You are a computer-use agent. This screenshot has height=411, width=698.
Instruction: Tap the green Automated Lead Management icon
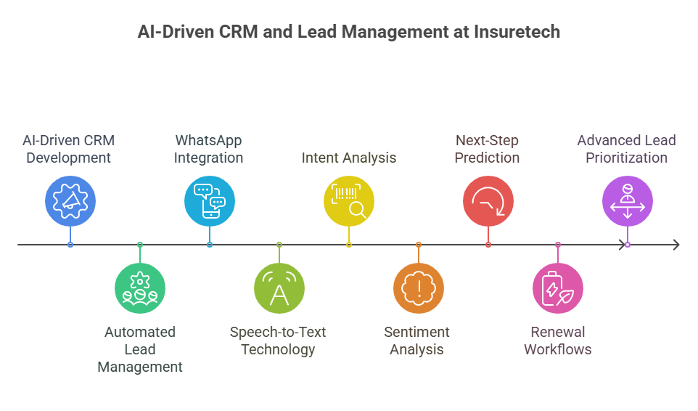pyautogui.click(x=140, y=288)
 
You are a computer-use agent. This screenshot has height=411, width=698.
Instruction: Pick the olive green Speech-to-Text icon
pyautogui.click(x=279, y=288)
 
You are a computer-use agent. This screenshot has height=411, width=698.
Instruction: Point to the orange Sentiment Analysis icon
pyautogui.click(x=419, y=288)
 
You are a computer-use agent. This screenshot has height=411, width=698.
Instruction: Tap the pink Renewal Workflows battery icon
pyautogui.click(x=558, y=288)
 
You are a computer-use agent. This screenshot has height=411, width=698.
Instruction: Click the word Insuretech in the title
pyautogui.click(x=517, y=33)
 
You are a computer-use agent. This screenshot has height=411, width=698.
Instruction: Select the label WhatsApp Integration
pyautogui.click(x=209, y=149)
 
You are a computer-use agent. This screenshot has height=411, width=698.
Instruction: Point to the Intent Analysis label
pyautogui.click(x=349, y=158)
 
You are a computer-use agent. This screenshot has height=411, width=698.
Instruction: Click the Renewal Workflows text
pyautogui.click(x=558, y=341)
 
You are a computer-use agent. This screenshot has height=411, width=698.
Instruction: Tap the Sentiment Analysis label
pyautogui.click(x=417, y=341)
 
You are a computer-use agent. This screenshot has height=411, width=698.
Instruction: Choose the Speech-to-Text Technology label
pyautogui.click(x=279, y=341)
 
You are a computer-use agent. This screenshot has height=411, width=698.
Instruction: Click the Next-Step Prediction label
pyautogui.click(x=488, y=149)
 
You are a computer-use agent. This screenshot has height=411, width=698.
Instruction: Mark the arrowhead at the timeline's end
pyautogui.click(x=676, y=245)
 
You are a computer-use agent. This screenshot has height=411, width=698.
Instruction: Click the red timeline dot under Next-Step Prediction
pyautogui.click(x=488, y=245)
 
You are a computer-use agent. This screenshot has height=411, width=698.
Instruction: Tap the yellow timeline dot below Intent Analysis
pyautogui.click(x=349, y=245)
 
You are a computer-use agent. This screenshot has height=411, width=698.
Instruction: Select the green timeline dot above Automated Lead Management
pyautogui.click(x=140, y=245)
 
